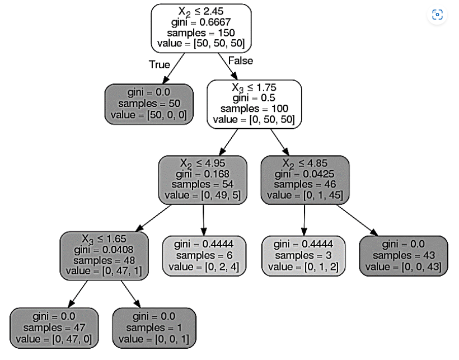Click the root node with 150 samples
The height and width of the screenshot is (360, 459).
(201, 28)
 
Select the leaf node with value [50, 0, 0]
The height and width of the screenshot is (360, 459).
(149, 104)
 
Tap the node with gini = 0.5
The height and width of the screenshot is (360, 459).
(254, 104)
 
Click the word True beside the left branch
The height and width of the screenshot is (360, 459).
(160, 64)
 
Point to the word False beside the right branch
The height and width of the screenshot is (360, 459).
(241, 60)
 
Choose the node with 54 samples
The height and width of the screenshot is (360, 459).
(203, 180)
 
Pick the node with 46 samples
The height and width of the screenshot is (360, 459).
(305, 180)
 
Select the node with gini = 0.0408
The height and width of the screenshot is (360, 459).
(104, 255)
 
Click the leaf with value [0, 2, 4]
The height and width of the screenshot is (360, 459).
(204, 255)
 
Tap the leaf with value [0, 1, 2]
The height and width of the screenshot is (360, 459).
(304, 255)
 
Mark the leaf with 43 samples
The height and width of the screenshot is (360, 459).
(404, 255)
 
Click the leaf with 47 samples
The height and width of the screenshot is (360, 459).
(54, 327)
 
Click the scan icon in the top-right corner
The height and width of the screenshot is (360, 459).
(437, 15)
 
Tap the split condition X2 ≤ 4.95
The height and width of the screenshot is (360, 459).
(203, 163)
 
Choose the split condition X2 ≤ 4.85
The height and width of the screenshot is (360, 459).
(305, 163)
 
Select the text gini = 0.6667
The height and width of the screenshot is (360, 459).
(201, 22)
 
